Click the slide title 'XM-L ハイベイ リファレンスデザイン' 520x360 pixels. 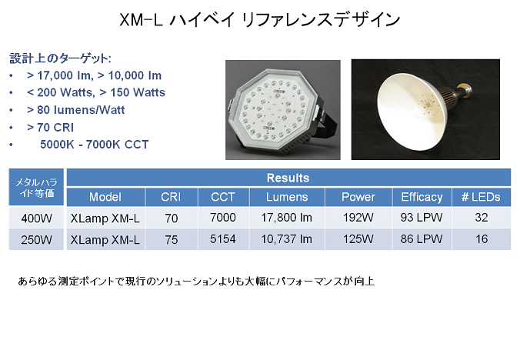pos(260,19)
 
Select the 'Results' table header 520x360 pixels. pos(288,178)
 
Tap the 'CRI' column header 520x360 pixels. pos(171,197)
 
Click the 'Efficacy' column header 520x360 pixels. pos(422,197)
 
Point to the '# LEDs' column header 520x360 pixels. pos(482,197)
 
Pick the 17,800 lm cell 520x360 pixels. pos(287,218)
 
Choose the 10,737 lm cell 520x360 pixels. pos(287,239)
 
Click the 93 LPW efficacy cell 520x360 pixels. pos(422,218)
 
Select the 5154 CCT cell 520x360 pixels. pos(223,239)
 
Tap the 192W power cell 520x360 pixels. pos(358,218)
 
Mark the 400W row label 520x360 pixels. pos(36,218)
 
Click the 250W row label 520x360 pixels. pos(36,239)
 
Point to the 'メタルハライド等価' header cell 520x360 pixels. pos(36,187)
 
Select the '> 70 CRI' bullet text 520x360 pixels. pos(51,127)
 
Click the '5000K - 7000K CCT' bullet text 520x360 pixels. pos(95,145)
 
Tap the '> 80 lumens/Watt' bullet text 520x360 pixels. pos(76,110)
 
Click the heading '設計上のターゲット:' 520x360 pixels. pos(60,58)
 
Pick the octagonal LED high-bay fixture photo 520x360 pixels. pos(283,110)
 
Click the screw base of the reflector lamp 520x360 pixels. pos(465,89)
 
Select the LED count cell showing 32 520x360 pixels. pos(482,218)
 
